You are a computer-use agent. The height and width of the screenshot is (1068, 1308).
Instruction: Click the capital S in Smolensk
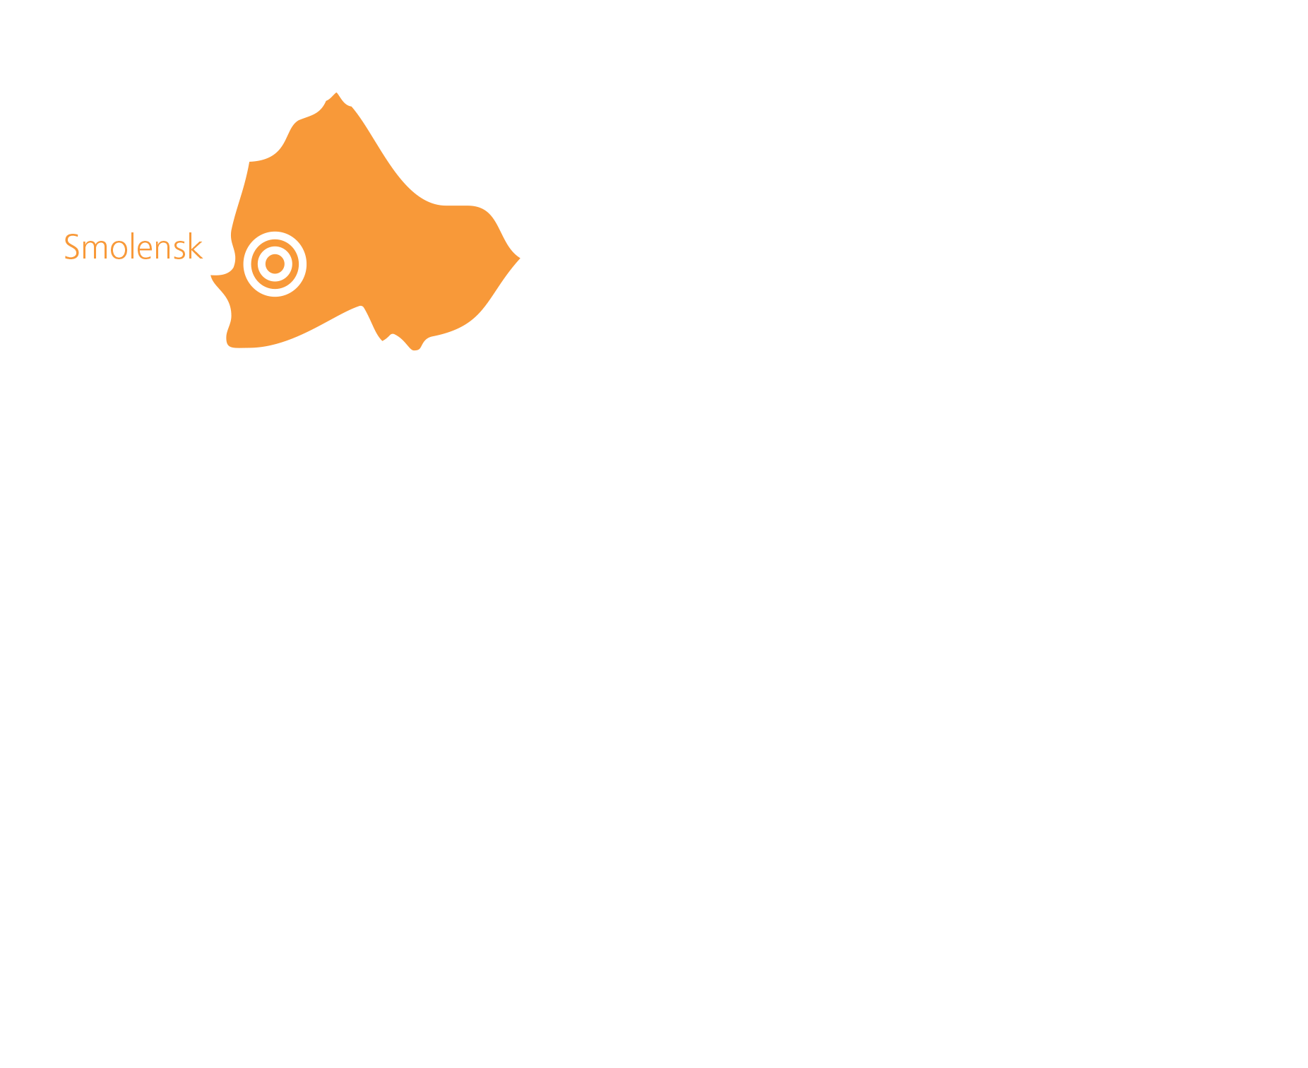click(x=71, y=247)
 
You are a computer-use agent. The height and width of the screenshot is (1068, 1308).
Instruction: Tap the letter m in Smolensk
click(x=95, y=251)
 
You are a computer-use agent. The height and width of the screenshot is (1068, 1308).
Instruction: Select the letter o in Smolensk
click(x=118, y=251)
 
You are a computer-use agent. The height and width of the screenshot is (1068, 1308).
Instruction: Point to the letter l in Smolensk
click(x=132, y=247)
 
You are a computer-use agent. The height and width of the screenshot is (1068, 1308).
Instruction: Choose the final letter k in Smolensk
click(x=196, y=247)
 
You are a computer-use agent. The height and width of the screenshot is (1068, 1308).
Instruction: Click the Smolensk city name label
click(x=133, y=247)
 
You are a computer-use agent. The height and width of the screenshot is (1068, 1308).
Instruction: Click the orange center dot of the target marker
click(x=275, y=264)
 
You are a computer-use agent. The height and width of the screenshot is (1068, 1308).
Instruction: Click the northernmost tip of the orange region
click(x=336, y=93)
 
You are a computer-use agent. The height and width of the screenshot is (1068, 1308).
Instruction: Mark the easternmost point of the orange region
click(x=520, y=259)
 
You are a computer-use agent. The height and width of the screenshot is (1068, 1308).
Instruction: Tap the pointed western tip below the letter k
click(x=211, y=275)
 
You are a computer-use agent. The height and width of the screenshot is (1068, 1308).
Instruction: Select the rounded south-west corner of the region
click(x=230, y=343)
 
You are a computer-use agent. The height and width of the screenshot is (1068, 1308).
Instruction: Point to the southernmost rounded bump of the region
click(x=415, y=350)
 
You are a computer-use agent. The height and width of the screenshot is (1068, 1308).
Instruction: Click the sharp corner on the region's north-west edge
click(x=249, y=162)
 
